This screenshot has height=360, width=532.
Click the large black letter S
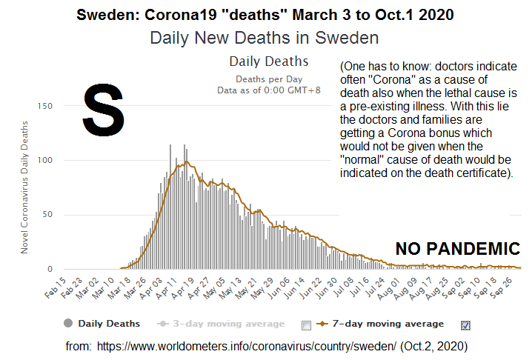point(102,110)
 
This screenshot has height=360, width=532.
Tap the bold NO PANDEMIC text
point(457,249)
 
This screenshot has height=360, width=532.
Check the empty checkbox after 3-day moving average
point(307,324)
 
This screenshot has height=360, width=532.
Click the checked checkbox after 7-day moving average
point(465,324)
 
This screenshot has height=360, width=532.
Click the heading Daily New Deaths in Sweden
point(265,37)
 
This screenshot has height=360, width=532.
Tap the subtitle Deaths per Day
point(269,78)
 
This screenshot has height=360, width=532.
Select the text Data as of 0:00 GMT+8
point(269,90)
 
